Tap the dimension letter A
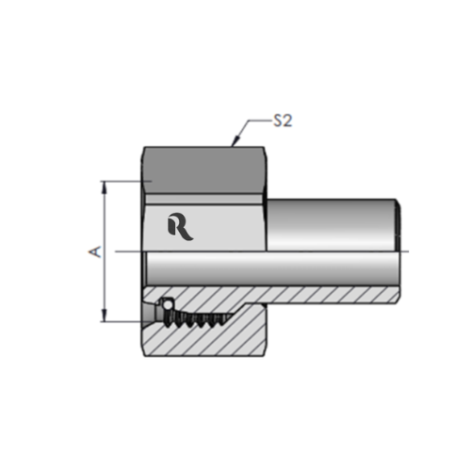click(91, 252)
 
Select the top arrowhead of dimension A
click(106, 186)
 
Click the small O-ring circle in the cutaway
click(165, 305)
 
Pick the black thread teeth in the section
click(198, 317)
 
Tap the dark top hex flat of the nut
click(203, 164)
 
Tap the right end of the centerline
click(407, 252)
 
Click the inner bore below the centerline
click(283, 268)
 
